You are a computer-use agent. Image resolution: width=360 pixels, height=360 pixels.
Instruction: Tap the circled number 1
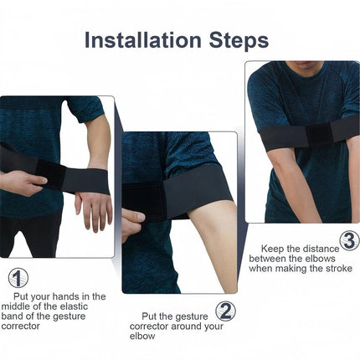click(x=18, y=278)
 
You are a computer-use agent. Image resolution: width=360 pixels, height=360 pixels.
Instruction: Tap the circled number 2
click(x=225, y=311)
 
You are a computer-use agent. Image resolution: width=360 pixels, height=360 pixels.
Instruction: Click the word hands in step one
click(x=69, y=296)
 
